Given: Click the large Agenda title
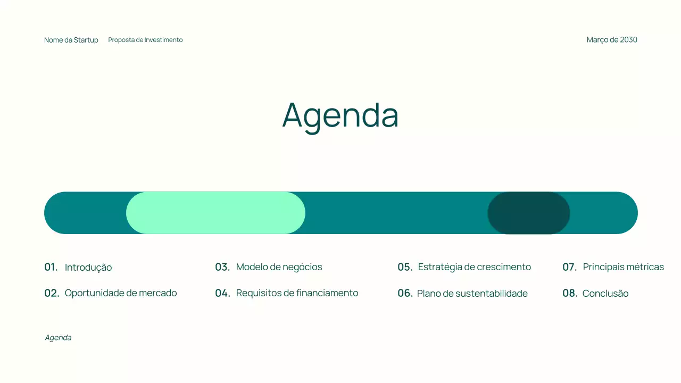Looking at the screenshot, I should pos(340,115).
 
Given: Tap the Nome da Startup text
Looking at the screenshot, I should pos(71,40).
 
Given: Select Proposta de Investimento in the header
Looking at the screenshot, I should pos(145,40).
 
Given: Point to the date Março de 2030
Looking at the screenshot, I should pos(612,40).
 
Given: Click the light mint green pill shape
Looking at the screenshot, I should pos(215,213).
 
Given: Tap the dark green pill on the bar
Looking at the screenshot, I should pos(529,213).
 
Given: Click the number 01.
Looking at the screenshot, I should pos(51,267).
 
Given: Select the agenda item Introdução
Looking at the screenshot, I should pos(88,268).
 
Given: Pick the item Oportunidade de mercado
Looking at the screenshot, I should pos(121,293).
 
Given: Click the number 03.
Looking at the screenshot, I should pos(222,267).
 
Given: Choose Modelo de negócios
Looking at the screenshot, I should pos(279,267).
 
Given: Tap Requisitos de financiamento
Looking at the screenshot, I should pos(297,293).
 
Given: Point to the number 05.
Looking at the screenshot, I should pos(405,267).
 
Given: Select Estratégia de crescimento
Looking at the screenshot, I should pos(475,267).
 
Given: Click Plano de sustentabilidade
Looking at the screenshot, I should pos(472,294).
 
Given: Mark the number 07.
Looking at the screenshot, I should pos(570,267).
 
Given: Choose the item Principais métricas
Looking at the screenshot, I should pos(624,267).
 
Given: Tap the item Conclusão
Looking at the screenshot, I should pos(605,294).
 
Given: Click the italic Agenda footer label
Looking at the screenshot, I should pos(58,338).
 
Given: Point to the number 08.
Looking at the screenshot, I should pos(570,293).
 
